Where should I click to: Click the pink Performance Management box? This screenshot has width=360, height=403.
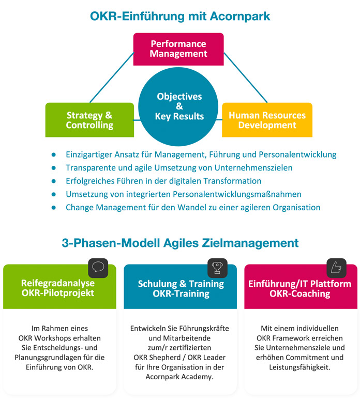(x=178, y=49)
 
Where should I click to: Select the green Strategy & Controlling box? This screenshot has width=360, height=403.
(x=89, y=120)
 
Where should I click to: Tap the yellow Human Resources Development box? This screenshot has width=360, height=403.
(x=267, y=120)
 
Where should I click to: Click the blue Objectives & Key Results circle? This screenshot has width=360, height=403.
(x=178, y=106)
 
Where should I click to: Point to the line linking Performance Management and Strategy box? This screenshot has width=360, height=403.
(x=112, y=78)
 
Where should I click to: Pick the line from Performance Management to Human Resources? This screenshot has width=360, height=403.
(x=246, y=78)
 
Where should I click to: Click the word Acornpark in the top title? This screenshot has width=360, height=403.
(x=240, y=17)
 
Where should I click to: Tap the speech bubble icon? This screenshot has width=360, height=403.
(x=98, y=267)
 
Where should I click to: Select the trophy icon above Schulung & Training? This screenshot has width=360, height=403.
(x=217, y=268)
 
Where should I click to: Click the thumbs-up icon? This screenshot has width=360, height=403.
(x=336, y=268)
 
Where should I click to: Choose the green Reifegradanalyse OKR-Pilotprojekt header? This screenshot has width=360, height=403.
(x=59, y=287)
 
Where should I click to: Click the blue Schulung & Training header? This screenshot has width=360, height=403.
(x=180, y=287)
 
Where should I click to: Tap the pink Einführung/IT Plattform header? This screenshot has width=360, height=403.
(x=301, y=287)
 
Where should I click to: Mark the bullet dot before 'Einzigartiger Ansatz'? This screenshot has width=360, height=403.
(x=53, y=154)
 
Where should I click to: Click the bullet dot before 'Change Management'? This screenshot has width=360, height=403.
(x=53, y=208)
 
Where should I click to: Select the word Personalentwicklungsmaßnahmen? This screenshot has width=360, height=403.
(x=237, y=194)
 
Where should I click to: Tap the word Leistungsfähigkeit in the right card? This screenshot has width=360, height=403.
(x=300, y=367)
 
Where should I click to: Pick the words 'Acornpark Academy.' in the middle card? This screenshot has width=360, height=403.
(x=179, y=377)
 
